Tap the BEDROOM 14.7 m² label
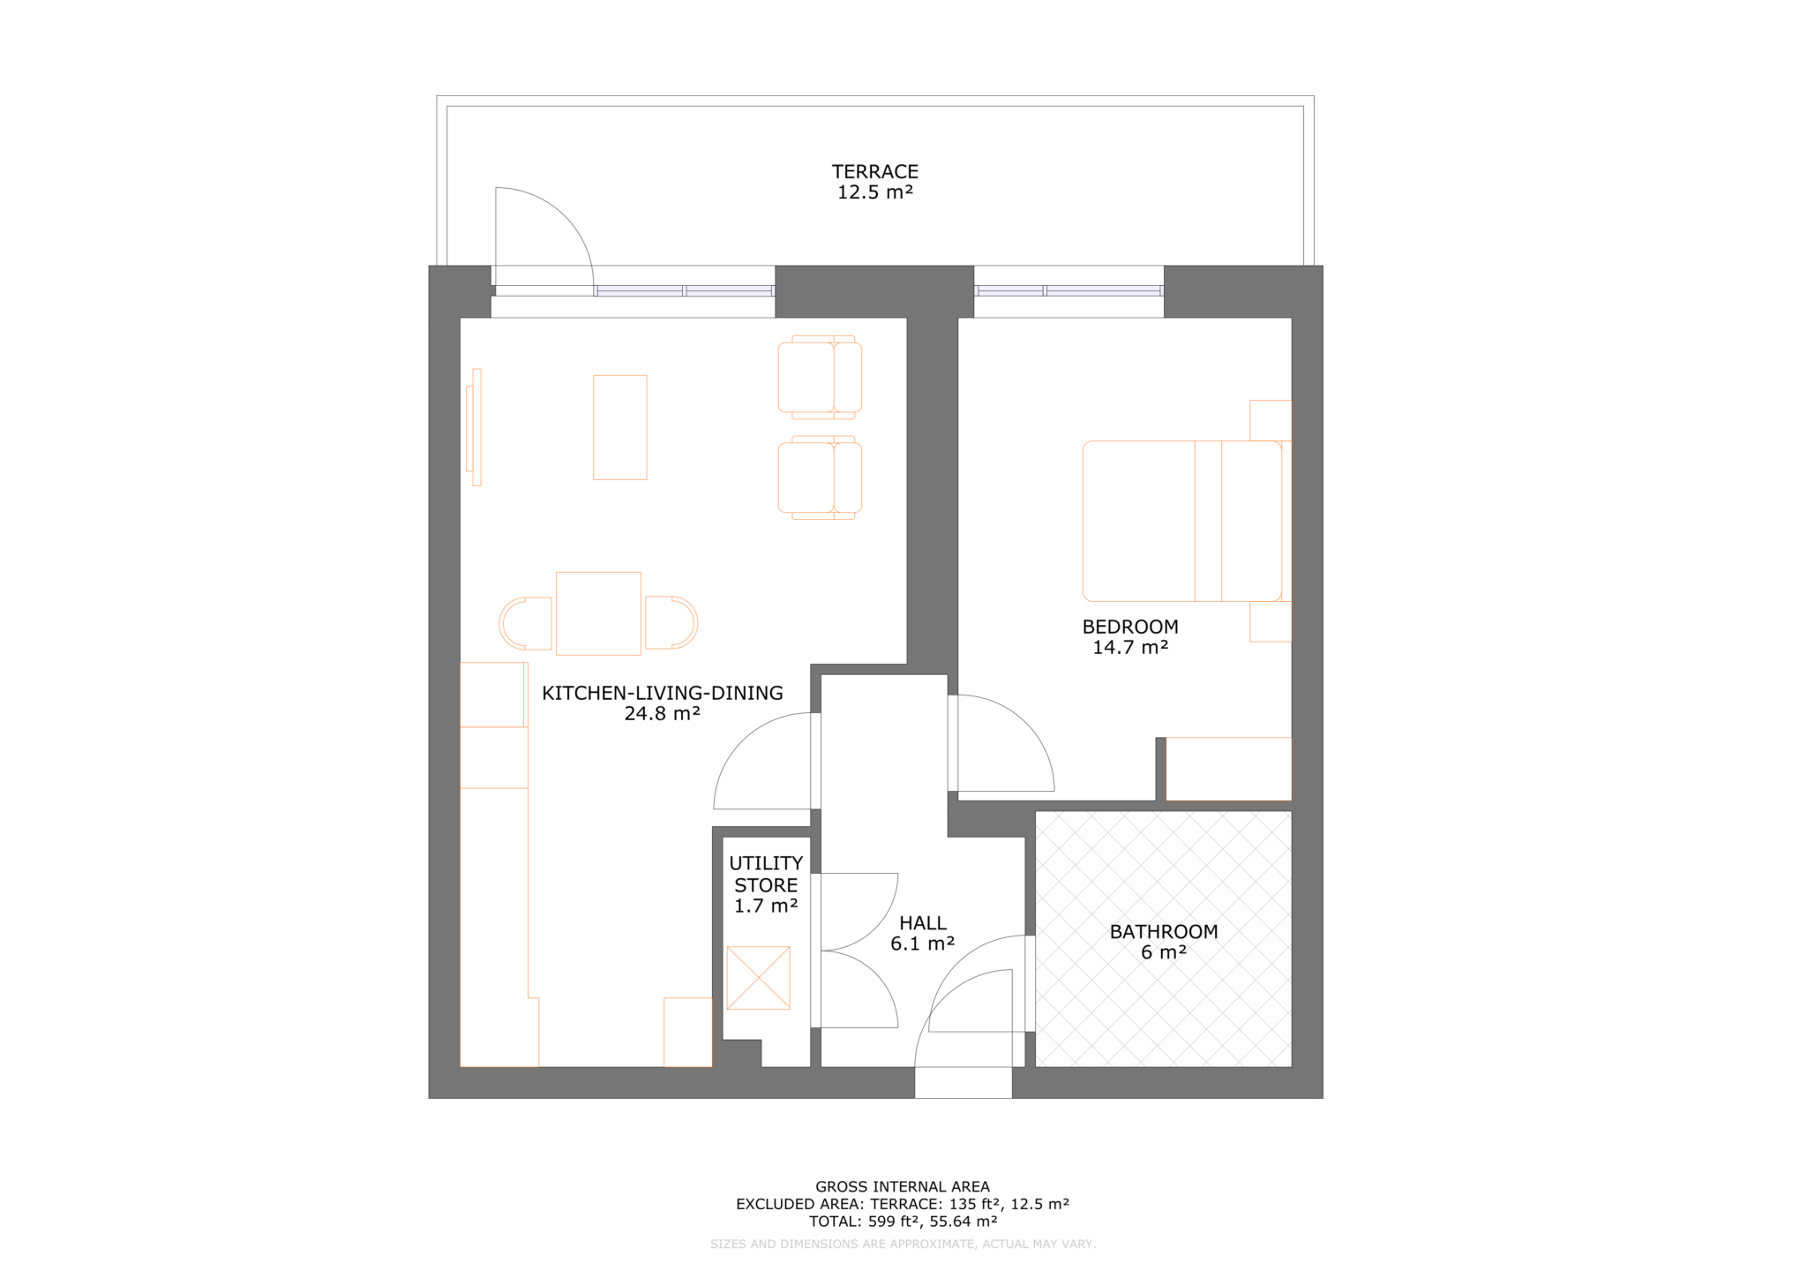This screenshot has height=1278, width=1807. [x=1129, y=636]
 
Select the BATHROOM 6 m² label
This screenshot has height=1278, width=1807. [x=1163, y=941]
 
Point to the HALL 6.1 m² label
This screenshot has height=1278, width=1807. [x=922, y=933]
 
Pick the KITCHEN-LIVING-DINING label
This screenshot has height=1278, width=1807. [x=662, y=703]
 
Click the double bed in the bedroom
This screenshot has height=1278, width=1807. [x=1181, y=521]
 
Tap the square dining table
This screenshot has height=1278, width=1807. [x=598, y=613]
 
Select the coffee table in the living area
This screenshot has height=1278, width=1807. [x=619, y=427]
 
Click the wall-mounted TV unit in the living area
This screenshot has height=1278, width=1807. [x=474, y=427]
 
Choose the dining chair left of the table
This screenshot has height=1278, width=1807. [x=526, y=623]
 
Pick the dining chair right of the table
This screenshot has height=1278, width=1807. [x=671, y=622]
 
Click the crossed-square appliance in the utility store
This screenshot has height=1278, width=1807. [x=758, y=978]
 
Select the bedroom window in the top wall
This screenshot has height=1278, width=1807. [x=1068, y=290]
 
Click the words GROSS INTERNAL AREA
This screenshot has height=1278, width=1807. [x=902, y=1187]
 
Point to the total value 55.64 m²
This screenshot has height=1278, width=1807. [x=963, y=1222]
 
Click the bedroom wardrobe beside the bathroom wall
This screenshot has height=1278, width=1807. [x=1228, y=769]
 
